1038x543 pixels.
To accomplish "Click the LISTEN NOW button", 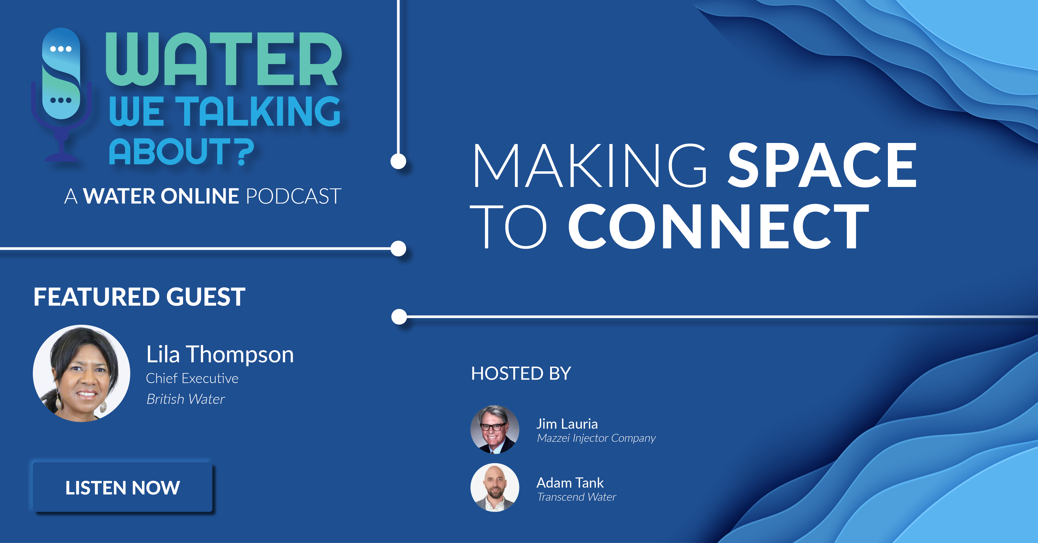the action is (122, 487).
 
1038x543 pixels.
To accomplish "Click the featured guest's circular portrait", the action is (81, 373).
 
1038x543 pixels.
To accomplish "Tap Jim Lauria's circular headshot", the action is (495, 430).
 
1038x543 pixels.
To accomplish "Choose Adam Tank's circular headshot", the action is (495, 487).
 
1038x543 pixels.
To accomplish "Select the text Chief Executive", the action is (192, 379).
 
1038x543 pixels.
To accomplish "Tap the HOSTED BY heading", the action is (521, 373).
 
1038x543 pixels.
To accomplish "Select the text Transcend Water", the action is (577, 497).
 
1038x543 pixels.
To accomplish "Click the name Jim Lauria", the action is (567, 424).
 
